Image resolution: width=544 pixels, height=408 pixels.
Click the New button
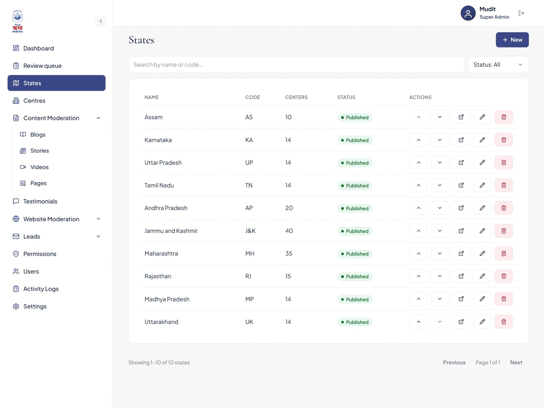tap(512, 40)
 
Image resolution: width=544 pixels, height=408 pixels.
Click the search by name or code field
tap(296, 65)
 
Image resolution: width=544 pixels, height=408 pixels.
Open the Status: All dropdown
tap(498, 65)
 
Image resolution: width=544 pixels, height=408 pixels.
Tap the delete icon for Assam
tap(503, 117)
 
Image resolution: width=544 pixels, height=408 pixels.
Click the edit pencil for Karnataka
tap(482, 140)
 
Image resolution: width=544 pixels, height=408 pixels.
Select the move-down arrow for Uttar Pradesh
tap(440, 163)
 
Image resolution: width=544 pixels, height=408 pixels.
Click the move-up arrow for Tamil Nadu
tap(418, 185)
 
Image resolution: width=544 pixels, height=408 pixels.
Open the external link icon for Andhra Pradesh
tap(461, 208)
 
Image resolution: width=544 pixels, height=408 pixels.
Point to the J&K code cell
tap(250, 231)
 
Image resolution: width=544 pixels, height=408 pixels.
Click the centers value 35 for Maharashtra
tap(289, 254)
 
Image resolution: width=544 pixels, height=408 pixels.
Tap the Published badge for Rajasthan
tap(355, 277)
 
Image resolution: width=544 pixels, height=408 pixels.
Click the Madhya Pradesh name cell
tap(167, 299)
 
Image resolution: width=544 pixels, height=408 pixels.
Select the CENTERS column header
tap(296, 97)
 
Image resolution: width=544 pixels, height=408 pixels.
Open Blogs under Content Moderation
tap(38, 135)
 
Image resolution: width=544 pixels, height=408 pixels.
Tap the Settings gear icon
tap(16, 306)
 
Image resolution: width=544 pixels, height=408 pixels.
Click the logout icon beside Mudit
tap(521, 13)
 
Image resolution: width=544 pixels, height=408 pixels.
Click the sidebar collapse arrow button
tap(101, 21)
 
